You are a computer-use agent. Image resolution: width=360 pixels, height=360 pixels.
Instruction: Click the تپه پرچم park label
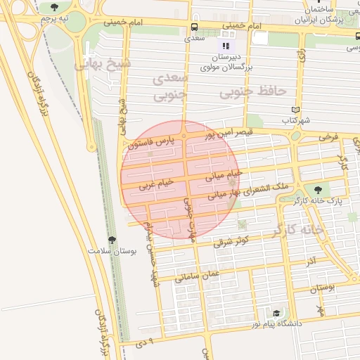coord(56,17)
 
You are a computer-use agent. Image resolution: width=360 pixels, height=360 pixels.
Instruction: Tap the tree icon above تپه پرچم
coord(55,6)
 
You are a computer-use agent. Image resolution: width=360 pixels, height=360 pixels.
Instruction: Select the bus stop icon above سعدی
coord(193,27)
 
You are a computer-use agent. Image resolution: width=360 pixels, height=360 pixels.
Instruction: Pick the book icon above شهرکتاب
coord(295,110)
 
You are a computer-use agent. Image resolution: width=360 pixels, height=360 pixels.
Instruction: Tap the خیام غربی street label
coord(155,185)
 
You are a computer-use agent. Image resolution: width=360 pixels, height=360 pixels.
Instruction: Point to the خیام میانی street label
coord(224,175)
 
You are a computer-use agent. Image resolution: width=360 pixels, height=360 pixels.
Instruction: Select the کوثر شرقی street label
coord(233,241)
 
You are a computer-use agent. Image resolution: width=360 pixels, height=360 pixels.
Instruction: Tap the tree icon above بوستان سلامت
coord(112,240)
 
